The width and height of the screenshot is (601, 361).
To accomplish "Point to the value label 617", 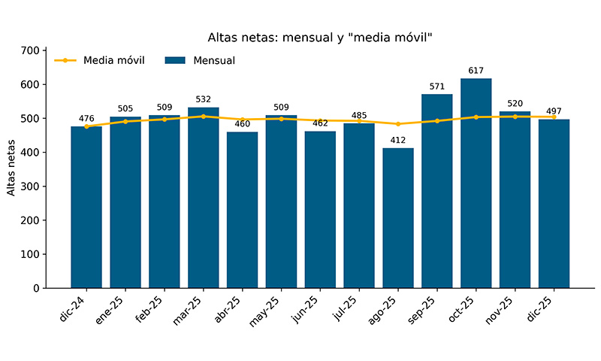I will point(476,71).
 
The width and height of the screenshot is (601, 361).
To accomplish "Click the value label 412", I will point(398,140).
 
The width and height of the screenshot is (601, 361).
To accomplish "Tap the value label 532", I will point(204,99).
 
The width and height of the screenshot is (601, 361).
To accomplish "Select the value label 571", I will point(437,86).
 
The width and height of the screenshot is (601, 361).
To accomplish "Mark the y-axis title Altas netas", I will point(11,169).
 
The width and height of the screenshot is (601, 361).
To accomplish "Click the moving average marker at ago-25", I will point(398,124).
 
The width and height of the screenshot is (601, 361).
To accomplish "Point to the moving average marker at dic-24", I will point(86,126).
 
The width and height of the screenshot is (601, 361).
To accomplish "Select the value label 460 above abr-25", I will point(243,124).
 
